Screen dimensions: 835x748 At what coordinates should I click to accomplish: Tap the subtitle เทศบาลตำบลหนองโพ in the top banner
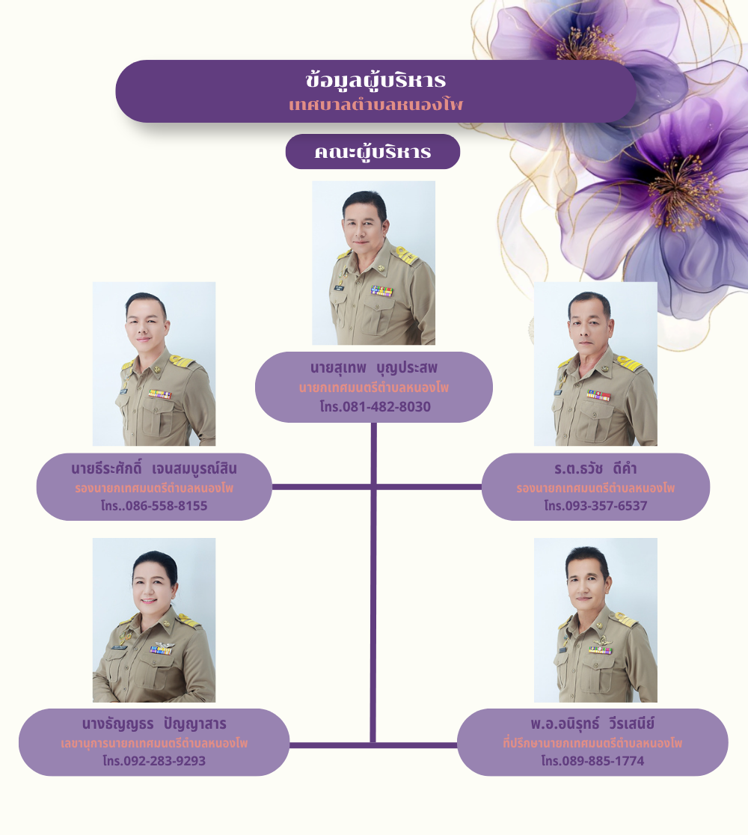(375, 105)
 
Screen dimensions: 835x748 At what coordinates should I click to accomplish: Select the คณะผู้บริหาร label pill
(373, 152)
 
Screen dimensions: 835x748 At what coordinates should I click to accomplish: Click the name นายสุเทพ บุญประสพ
(373, 368)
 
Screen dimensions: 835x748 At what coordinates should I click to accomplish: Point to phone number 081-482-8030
(375, 407)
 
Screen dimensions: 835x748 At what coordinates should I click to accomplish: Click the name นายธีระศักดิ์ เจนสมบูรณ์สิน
(154, 469)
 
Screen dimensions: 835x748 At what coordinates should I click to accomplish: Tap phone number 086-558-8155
(154, 506)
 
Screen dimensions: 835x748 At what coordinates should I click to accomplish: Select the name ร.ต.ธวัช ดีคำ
(595, 469)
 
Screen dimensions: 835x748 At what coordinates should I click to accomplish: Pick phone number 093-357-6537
(595, 506)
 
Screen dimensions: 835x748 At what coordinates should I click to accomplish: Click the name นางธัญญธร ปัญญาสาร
(154, 724)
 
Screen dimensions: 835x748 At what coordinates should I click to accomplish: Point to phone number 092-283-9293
(154, 761)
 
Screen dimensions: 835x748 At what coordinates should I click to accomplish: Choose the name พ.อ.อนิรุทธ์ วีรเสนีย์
(592, 724)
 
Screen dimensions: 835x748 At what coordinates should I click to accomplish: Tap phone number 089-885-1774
(592, 761)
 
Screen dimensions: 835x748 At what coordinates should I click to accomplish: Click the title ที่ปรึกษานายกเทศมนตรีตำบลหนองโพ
(592, 744)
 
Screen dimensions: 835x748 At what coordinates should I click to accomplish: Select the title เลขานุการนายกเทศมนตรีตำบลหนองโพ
(154, 744)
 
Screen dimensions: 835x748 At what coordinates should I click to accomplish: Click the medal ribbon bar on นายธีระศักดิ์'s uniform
(159, 394)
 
